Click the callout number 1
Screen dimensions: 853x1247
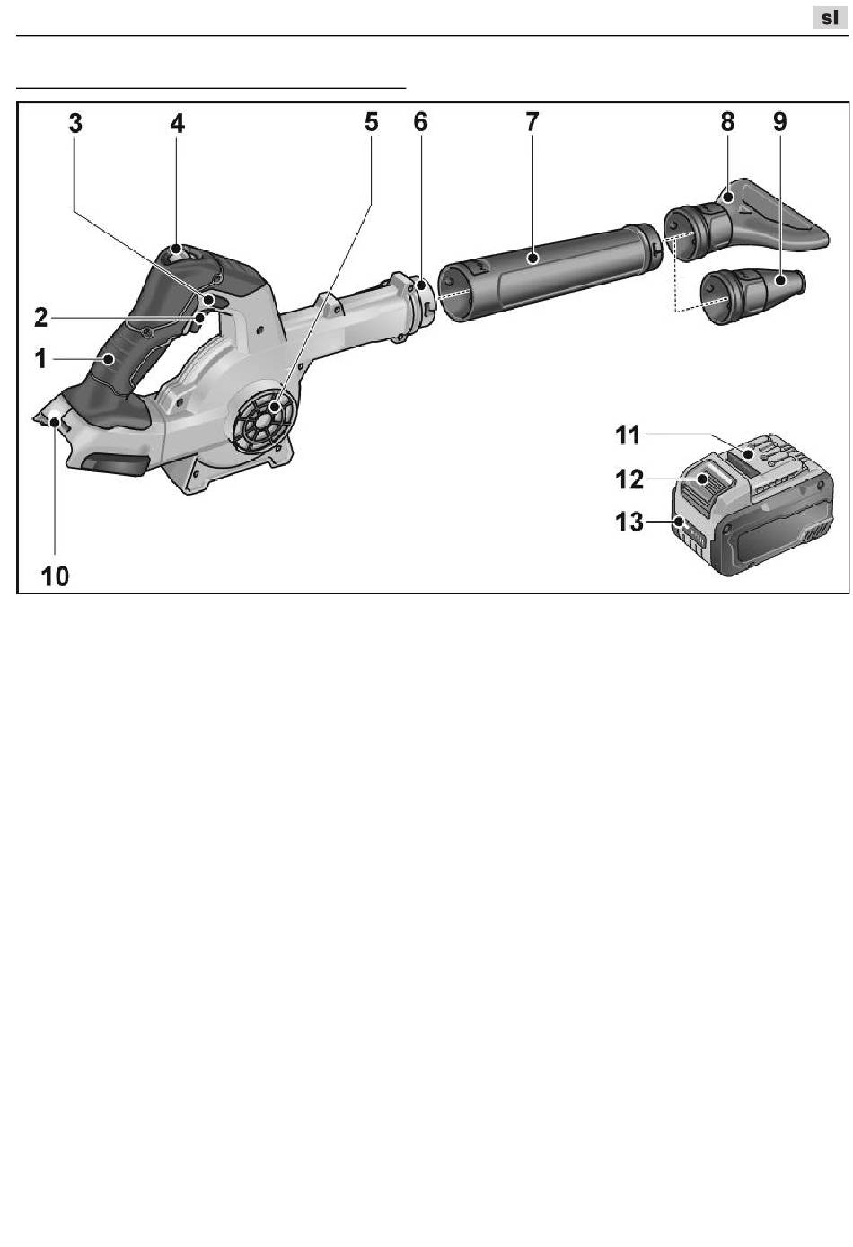click(x=40, y=359)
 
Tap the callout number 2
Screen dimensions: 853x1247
click(x=40, y=317)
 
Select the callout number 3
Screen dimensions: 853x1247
click(x=76, y=123)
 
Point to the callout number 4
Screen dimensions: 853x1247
click(x=178, y=123)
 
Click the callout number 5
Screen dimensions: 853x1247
click(x=371, y=123)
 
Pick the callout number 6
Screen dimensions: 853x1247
click(x=420, y=123)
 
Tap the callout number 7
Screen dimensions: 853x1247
click(x=532, y=123)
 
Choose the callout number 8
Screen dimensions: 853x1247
click(x=727, y=123)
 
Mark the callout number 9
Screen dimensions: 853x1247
click(x=779, y=123)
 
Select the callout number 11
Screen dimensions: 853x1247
click(x=628, y=435)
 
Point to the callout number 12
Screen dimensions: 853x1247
click(x=629, y=479)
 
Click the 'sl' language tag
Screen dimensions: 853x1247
click(x=829, y=17)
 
